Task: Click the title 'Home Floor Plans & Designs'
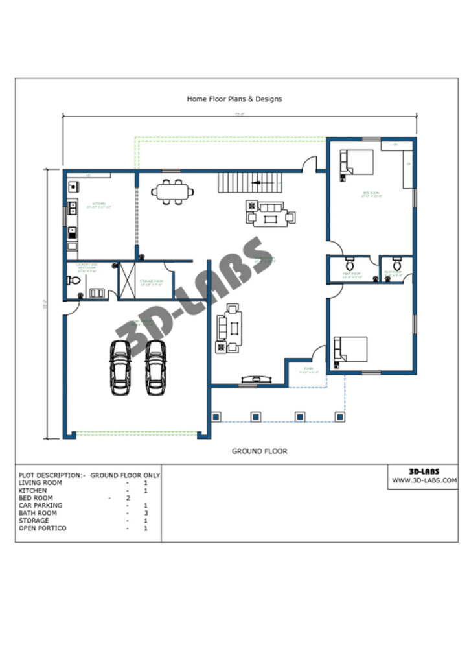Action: click(x=234, y=99)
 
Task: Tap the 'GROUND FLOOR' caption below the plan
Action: click(x=259, y=451)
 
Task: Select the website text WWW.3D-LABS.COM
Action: click(x=424, y=480)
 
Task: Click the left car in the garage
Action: click(x=120, y=366)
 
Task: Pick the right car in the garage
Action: click(x=155, y=366)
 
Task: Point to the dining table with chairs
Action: click(x=173, y=192)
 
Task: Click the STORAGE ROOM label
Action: click(x=150, y=281)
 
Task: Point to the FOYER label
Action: click(x=305, y=370)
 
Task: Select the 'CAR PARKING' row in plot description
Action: click(x=41, y=505)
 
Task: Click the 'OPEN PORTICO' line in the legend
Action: click(x=43, y=528)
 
